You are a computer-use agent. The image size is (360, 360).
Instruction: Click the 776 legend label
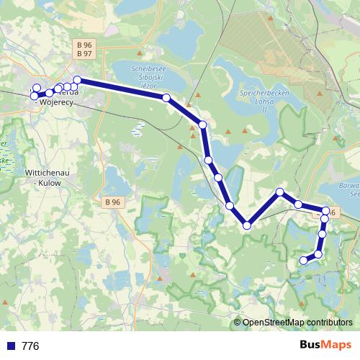(30, 346)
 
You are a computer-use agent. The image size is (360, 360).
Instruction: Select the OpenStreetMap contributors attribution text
(297, 323)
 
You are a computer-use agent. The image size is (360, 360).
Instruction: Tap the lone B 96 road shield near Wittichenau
(111, 202)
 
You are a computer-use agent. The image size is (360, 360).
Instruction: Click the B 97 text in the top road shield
(84, 53)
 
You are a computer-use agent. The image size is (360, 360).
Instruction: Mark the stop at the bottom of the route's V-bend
(247, 225)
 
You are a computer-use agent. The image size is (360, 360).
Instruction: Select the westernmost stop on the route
(34, 96)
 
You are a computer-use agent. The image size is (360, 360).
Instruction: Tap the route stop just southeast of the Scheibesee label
(166, 97)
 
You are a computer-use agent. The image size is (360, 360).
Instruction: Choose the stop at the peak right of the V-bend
(280, 192)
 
